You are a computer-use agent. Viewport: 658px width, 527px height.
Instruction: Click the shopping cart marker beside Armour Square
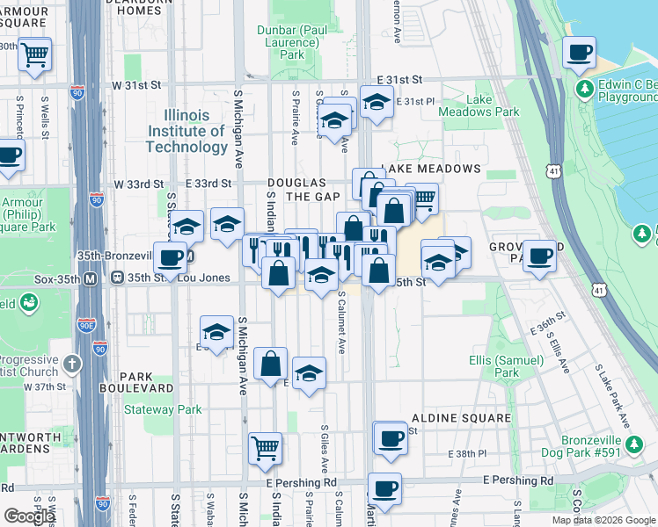pyautogui.click(x=34, y=54)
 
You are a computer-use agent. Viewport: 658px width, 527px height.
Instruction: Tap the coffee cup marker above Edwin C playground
pyautogui.click(x=579, y=53)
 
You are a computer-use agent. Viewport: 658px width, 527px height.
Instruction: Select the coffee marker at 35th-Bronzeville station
pyautogui.click(x=171, y=257)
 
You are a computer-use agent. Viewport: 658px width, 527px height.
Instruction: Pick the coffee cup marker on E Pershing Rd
pyautogui.click(x=384, y=488)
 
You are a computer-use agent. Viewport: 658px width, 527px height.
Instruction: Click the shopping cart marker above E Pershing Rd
pyautogui.click(x=265, y=448)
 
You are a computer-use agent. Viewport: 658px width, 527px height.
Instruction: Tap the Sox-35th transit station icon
pyautogui.click(x=90, y=278)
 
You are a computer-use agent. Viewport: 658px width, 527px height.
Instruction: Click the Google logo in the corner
pyautogui.click(x=29, y=516)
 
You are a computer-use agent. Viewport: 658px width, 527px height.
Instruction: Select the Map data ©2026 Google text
pyautogui.click(x=603, y=520)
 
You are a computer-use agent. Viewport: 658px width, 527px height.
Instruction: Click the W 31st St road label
pyautogui.click(x=136, y=86)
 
